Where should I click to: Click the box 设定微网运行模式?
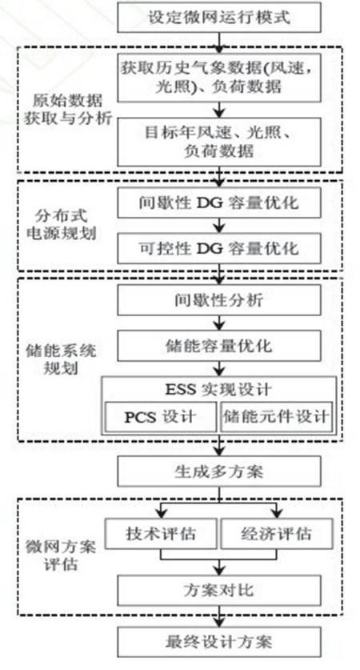click(x=219, y=17)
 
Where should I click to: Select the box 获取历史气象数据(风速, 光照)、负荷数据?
click(x=219, y=78)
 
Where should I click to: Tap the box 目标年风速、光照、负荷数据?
click(x=219, y=142)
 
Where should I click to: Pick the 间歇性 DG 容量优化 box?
click(x=219, y=202)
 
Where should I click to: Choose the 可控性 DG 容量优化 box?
click(x=219, y=248)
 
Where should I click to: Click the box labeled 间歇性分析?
click(x=219, y=300)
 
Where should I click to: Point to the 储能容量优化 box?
click(x=219, y=346)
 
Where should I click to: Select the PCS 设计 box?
click(x=161, y=416)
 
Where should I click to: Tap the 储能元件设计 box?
click(x=277, y=416)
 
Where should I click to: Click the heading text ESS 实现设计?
click(x=218, y=390)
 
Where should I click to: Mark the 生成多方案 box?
click(x=219, y=471)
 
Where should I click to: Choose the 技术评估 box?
click(x=161, y=534)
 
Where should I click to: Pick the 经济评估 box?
click(x=277, y=534)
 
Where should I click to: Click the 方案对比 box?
click(x=219, y=590)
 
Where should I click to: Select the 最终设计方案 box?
click(x=219, y=642)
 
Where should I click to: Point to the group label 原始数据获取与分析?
click(x=67, y=110)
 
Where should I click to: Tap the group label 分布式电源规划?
click(x=62, y=224)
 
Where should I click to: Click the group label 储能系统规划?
click(x=61, y=359)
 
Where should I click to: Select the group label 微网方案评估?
click(x=61, y=556)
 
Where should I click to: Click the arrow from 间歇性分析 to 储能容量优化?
click(x=219, y=323)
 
